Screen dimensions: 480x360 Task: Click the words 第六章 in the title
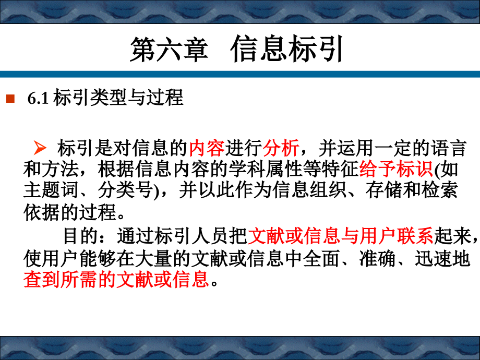(169, 49)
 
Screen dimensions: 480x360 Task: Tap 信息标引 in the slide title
(286, 49)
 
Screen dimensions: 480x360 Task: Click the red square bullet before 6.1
(10, 99)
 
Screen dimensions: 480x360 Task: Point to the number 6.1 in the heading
(38, 98)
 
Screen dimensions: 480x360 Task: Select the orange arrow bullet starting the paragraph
(40, 148)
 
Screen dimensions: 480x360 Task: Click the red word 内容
(207, 148)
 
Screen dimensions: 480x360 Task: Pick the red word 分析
(281, 148)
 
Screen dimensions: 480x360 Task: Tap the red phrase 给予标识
(396, 169)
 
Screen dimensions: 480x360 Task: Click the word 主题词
(51, 190)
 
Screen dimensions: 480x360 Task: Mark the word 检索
(439, 190)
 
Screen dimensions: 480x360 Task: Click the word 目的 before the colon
(80, 236)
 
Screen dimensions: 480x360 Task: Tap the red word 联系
(415, 236)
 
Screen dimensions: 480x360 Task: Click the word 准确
(377, 259)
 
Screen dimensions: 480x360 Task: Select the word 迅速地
(442, 259)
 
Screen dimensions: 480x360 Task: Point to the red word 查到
(42, 280)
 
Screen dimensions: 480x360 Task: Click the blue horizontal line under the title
(240, 75)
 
